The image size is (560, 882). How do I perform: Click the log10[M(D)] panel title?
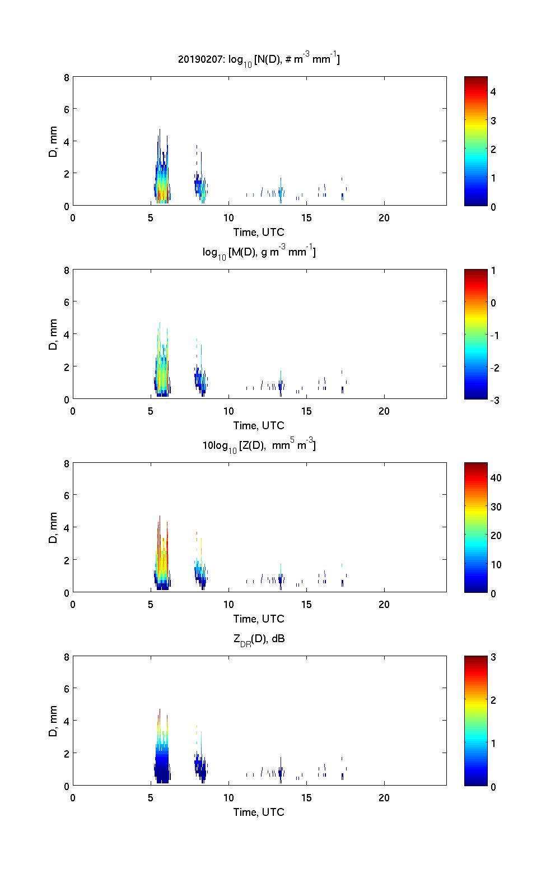259,253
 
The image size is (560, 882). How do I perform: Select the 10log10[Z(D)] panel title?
259,446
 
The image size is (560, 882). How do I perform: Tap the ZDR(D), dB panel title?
259,639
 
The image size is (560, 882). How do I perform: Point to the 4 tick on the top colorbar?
493,91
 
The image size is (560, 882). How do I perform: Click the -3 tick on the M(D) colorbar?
493,400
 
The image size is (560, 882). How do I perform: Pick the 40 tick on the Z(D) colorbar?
496,478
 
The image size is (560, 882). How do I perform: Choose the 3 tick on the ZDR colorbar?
493,657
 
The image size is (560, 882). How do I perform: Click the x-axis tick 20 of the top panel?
384,217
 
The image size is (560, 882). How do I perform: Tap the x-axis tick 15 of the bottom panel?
306,797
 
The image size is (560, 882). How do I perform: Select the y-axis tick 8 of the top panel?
66,77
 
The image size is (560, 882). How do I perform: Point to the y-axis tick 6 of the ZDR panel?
66,689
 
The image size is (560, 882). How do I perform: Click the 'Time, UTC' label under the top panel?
259,232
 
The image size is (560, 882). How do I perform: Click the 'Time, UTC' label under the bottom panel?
259,812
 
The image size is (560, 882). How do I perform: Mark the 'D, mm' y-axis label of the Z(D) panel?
54,528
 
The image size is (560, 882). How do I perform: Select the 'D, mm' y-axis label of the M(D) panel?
54,335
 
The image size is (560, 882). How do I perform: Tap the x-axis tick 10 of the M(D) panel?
228,411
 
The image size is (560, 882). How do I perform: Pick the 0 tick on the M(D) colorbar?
493,303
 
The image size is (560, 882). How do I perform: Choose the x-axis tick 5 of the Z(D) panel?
151,604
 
